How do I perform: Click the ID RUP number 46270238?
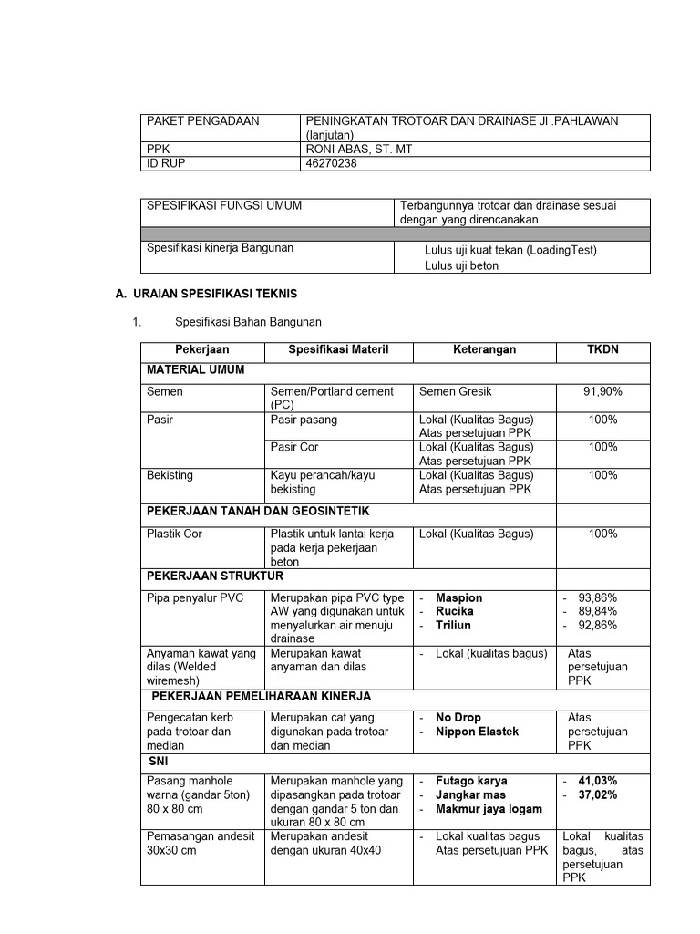[x=332, y=163]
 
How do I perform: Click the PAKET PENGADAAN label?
[x=202, y=121]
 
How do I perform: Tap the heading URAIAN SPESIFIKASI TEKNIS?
[x=214, y=294]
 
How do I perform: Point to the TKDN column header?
[x=602, y=350]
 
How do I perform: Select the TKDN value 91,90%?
[x=602, y=391]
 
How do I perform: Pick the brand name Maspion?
[x=459, y=598]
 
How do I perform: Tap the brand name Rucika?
[x=455, y=612]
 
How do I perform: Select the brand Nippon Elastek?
[x=477, y=732]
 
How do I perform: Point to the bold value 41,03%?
[x=597, y=782]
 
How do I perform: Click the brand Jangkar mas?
[x=470, y=795]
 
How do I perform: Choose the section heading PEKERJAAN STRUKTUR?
[x=215, y=576]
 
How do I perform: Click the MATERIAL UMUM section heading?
[x=195, y=370]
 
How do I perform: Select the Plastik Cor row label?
[x=174, y=534]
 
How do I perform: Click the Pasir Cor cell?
[x=294, y=448]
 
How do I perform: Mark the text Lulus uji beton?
[x=461, y=265]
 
